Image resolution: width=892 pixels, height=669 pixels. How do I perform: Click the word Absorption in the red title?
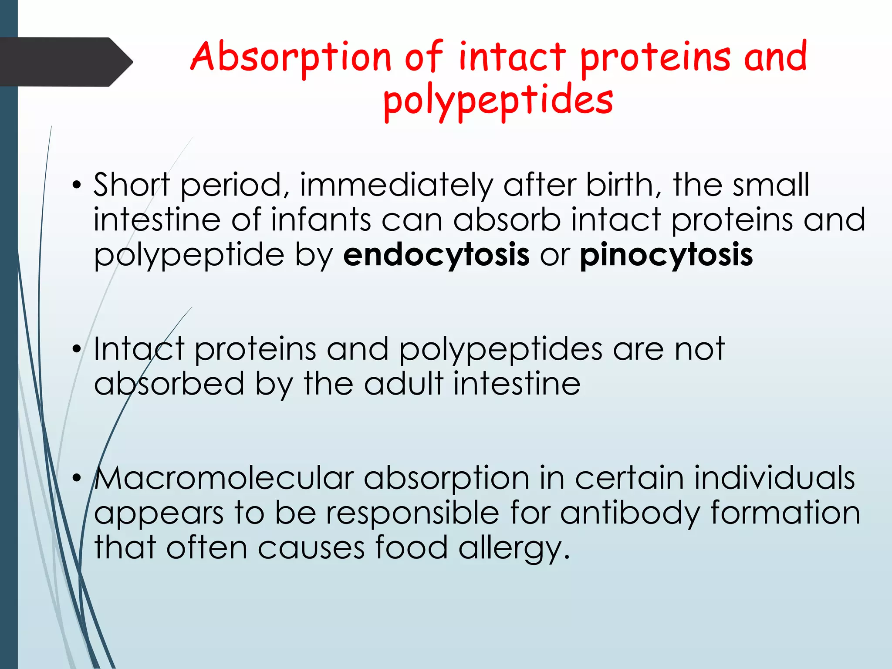[x=291, y=57]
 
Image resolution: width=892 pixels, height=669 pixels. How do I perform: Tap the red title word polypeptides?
[x=498, y=101]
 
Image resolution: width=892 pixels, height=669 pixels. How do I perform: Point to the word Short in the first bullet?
[x=131, y=185]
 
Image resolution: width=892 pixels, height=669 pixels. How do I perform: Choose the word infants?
[x=321, y=220]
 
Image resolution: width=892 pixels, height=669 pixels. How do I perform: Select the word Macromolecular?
[x=224, y=478]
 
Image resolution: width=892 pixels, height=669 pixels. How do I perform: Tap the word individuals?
[x=774, y=478]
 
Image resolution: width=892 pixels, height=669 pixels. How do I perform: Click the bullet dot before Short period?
[x=77, y=185]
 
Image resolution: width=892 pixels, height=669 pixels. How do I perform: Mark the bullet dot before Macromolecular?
[x=77, y=478]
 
